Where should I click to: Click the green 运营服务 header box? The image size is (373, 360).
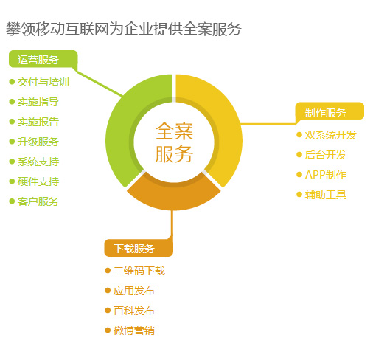pyautogui.click(x=43, y=59)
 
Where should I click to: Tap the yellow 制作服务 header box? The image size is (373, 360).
pyautogui.click(x=330, y=111)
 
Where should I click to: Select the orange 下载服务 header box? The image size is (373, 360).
pyautogui.click(x=139, y=248)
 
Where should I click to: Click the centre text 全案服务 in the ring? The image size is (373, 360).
pyautogui.click(x=174, y=142)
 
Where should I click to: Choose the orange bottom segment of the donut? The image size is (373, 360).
pyautogui.click(x=173, y=196)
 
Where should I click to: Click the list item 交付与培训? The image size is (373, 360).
pyautogui.click(x=43, y=82)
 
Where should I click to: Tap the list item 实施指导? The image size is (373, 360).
pyautogui.click(x=38, y=102)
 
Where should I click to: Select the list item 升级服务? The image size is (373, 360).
pyautogui.click(x=38, y=142)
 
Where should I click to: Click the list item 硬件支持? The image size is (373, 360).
pyautogui.click(x=38, y=181)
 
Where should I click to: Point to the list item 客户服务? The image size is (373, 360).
pyautogui.click(x=38, y=201)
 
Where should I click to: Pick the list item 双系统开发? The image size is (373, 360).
pyautogui.click(x=330, y=135)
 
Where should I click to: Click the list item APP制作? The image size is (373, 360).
pyautogui.click(x=326, y=175)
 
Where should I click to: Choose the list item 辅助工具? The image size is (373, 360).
pyautogui.click(x=326, y=195)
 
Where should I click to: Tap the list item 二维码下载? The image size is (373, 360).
pyautogui.click(x=139, y=271)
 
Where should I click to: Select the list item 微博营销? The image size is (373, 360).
pyautogui.click(x=134, y=330)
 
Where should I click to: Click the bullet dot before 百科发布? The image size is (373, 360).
pyautogui.click(x=108, y=311)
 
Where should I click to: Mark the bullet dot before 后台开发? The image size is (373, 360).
pyautogui.click(x=299, y=155)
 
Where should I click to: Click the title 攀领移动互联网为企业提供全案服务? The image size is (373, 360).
pyautogui.click(x=124, y=29)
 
